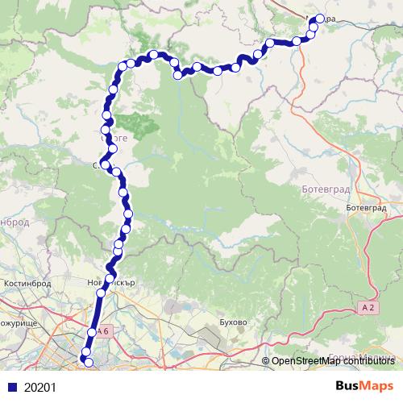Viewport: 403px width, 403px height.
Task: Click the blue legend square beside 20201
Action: (x=10, y=387)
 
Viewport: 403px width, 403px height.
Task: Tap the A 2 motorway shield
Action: (x=368, y=307)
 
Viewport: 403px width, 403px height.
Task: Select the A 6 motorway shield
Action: (x=102, y=331)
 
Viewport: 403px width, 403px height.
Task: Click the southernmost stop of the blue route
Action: (x=89, y=364)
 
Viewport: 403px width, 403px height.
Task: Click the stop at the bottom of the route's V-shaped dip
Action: (x=178, y=75)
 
